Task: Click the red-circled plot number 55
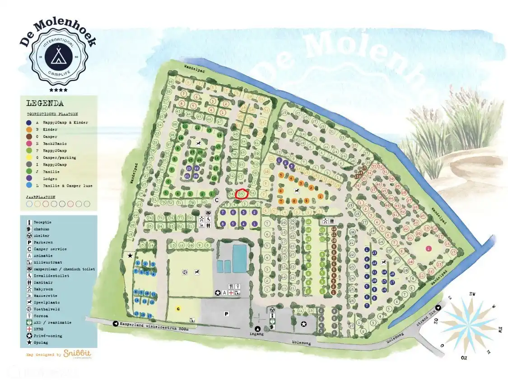pos(242,194)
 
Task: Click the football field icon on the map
pos(185,272)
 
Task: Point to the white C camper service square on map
pos(217,199)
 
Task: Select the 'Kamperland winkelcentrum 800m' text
pos(150,324)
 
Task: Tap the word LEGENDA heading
pos(45,103)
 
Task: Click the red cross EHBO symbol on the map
pos(231,293)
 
